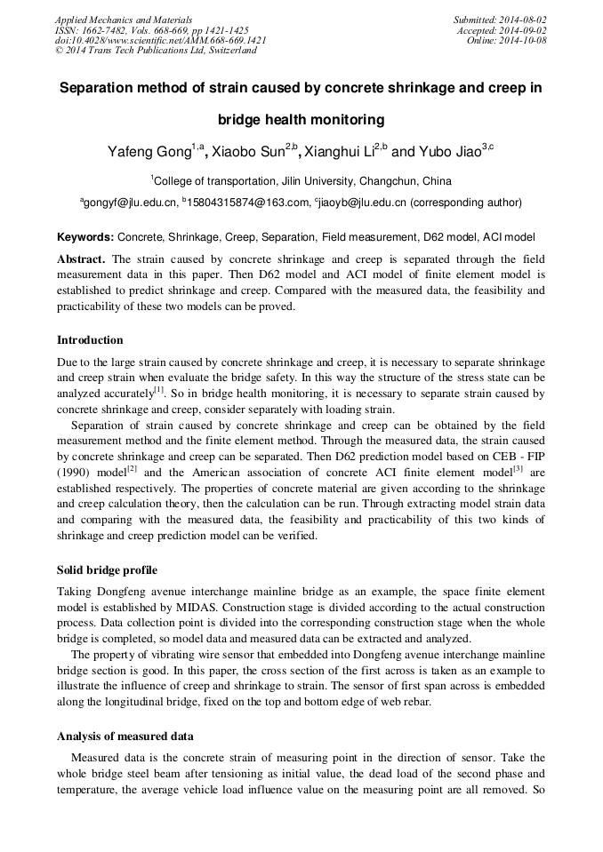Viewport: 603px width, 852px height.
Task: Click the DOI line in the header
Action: point(160,41)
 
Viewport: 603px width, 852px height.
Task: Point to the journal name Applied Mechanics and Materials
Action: point(123,20)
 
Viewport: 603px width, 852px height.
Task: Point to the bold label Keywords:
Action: point(85,237)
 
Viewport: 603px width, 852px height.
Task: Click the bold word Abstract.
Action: point(81,259)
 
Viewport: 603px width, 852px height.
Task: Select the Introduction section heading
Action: point(90,340)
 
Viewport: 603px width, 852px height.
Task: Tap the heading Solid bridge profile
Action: point(107,569)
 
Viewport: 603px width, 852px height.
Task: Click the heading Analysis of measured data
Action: point(125,737)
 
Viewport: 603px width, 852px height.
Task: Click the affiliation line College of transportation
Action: point(301,180)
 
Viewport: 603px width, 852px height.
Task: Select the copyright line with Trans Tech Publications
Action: point(156,52)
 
